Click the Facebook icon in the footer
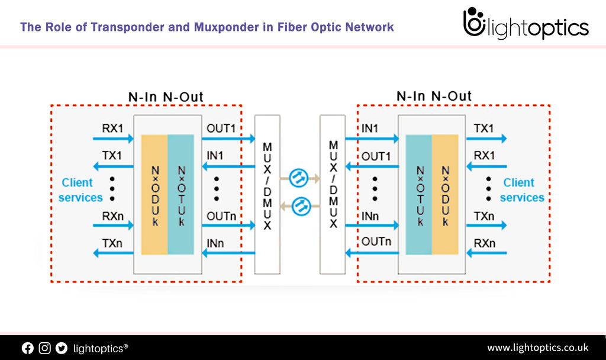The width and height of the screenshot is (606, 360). (28, 348)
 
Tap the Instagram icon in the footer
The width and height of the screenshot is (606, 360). (45, 348)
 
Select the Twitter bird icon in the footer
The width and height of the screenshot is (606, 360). (62, 348)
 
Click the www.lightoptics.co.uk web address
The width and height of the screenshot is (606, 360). (537, 348)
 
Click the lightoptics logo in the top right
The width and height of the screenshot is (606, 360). (526, 24)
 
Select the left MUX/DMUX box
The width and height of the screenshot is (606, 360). (267, 194)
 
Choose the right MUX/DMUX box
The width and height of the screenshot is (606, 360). (332, 194)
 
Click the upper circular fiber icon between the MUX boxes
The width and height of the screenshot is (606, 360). (300, 176)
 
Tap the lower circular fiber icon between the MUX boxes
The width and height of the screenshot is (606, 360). (300, 205)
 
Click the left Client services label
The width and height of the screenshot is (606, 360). (80, 190)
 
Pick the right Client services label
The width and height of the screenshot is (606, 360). (521, 190)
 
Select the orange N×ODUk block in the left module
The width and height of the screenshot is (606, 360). (154, 194)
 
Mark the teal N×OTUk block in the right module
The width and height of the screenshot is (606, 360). (418, 194)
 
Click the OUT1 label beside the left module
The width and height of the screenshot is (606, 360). (221, 128)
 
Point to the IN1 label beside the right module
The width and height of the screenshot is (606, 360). (370, 128)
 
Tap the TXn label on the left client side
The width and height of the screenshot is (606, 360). (112, 243)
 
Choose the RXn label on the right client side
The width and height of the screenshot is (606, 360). (484, 243)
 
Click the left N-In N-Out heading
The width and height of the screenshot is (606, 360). (166, 97)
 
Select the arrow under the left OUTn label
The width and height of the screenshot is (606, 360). (228, 225)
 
